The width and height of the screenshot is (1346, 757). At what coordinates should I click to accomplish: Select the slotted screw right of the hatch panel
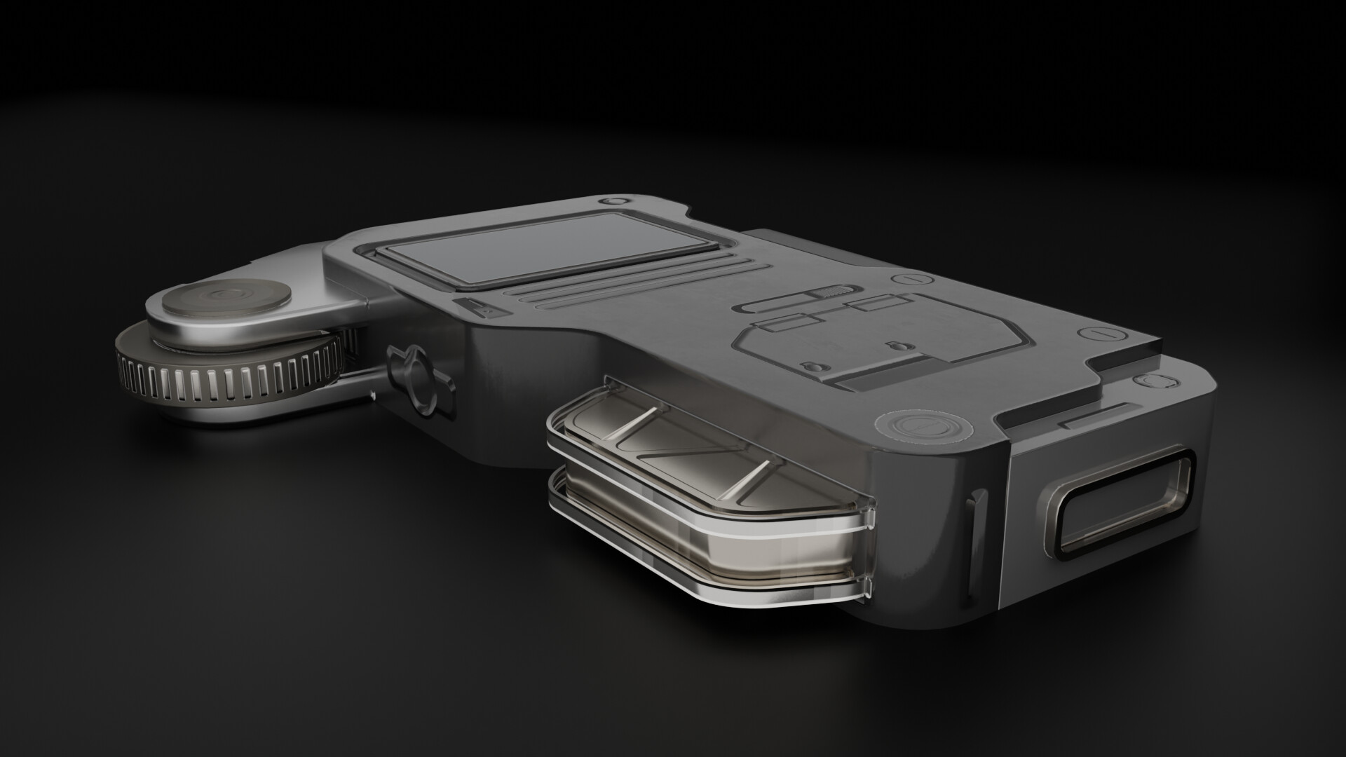point(1094,335)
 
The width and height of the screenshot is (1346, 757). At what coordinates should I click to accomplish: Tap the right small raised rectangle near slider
point(873,303)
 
